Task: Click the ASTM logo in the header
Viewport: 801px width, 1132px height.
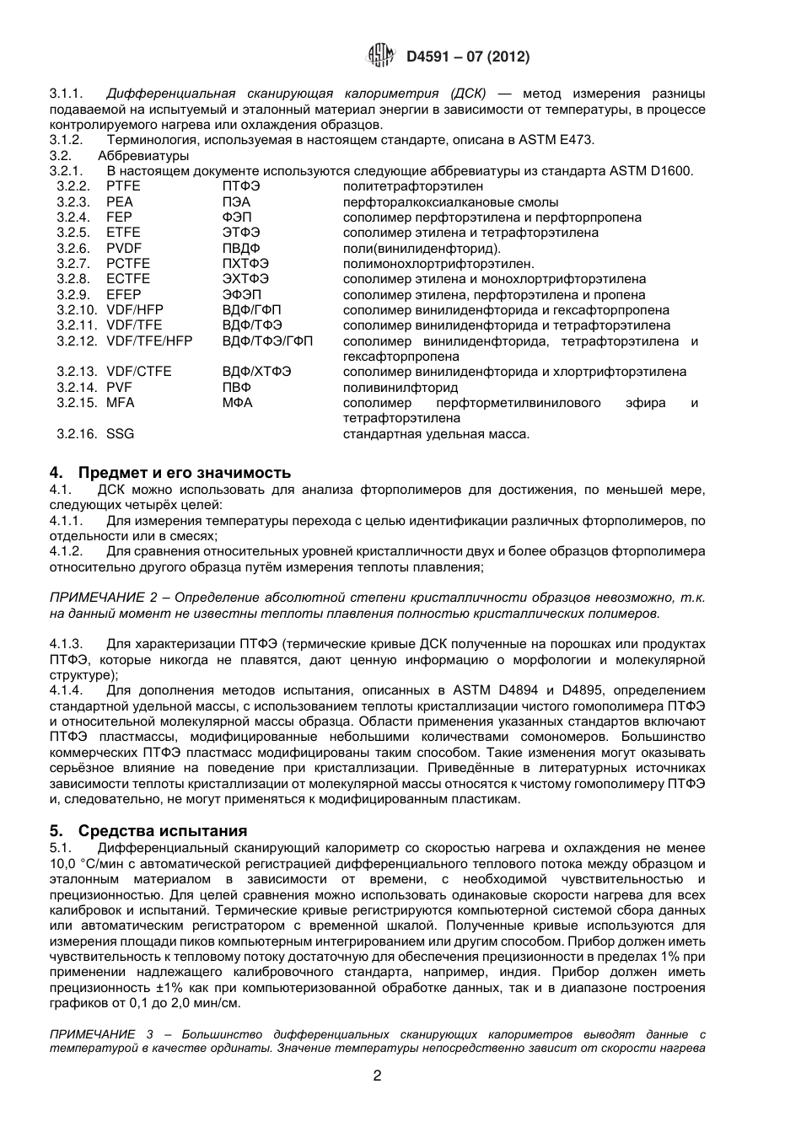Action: [381, 56]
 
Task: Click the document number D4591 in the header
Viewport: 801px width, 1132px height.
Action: [429, 57]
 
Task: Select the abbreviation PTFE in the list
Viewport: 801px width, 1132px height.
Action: [123, 186]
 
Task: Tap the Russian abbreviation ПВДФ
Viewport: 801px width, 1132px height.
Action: [241, 249]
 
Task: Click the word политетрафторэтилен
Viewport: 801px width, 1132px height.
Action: [413, 186]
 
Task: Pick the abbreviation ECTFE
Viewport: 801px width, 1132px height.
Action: [128, 279]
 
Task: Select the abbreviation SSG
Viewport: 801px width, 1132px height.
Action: [120, 434]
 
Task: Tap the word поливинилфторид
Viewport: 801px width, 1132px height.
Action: [400, 388]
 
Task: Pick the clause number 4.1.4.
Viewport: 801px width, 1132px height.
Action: [66, 691]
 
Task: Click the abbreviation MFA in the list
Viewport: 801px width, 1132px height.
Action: [120, 403]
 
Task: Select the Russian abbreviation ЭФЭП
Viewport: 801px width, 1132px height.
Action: [242, 295]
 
